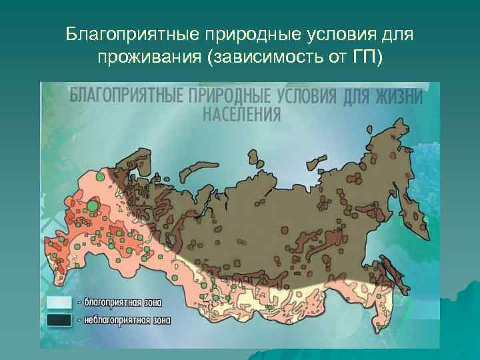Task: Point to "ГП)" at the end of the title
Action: pyautogui.click(x=367, y=58)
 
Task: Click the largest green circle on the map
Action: pyautogui.click(x=93, y=207)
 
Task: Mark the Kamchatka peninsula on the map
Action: pyautogui.click(x=418, y=213)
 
